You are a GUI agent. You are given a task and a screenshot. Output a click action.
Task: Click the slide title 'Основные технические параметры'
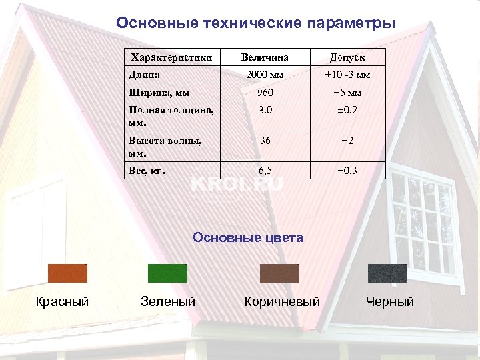(x=255, y=23)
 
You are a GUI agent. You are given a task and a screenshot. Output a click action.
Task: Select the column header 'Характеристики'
(x=171, y=58)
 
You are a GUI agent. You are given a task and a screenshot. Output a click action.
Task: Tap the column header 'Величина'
(x=266, y=58)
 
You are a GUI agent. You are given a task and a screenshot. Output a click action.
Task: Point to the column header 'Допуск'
(x=347, y=58)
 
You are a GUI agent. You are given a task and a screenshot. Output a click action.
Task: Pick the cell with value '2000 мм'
(x=266, y=74)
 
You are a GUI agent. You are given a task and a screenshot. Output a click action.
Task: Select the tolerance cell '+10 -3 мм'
(x=347, y=74)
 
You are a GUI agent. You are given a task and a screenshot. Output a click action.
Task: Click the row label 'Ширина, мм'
(x=159, y=93)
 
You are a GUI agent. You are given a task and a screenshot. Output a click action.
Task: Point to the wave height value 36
(x=266, y=141)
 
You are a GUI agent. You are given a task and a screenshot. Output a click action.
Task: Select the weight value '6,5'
(x=266, y=171)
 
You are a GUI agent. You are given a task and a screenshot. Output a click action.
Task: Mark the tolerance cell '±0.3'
(x=347, y=171)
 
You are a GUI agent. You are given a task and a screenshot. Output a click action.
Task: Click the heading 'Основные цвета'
(x=248, y=237)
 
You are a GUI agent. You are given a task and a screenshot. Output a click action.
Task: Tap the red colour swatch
(x=67, y=273)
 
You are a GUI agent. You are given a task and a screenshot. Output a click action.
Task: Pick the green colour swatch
(x=167, y=273)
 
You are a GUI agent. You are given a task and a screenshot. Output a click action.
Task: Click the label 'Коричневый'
(x=282, y=302)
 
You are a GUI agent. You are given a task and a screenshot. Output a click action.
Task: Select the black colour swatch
(x=387, y=273)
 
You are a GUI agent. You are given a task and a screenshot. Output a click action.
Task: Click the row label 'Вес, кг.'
(x=147, y=171)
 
